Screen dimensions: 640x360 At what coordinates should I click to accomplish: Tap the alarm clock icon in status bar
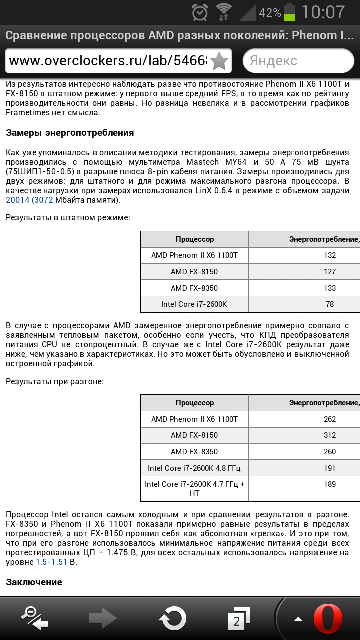pos(200,12)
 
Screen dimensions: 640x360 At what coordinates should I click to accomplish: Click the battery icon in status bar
pos(290,12)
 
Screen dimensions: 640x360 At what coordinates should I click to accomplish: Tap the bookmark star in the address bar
pos(219,61)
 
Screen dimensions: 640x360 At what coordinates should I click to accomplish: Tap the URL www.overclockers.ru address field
pos(107,61)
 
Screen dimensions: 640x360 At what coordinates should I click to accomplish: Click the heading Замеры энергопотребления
pos(70,133)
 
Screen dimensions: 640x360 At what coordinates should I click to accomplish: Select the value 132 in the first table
pos(330,255)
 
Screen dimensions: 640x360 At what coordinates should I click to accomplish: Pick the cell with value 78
pos(330,304)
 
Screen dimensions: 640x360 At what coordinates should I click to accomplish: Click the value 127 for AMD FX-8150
pos(330,272)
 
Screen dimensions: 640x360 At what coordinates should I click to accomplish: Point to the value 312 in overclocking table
pos(330,435)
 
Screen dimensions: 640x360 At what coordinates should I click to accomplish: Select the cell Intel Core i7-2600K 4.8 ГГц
pos(194,468)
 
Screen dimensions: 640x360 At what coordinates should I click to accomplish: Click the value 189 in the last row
pos(330,484)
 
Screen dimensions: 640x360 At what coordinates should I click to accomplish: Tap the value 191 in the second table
pos(330,468)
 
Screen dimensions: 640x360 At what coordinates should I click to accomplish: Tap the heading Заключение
pos(34,582)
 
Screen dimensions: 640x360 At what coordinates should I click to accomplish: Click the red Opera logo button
pos(328,619)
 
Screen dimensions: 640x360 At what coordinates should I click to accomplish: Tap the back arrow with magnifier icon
pos(35,618)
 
